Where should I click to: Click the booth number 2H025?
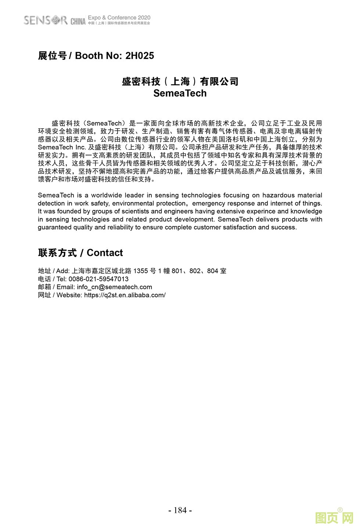pyautogui.click(x=140, y=56)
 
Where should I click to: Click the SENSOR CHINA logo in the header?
pyautogui.click(x=54, y=20)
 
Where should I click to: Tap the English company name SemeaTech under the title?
pyautogui.click(x=180, y=93)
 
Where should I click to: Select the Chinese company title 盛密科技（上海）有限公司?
pyautogui.click(x=180, y=81)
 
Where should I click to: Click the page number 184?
pyautogui.click(x=180, y=510)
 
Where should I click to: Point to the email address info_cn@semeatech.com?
pyautogui.click(x=114, y=287)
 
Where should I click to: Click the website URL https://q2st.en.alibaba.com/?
pyautogui.click(x=125, y=295)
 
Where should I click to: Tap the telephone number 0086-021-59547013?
pyautogui.click(x=98, y=279)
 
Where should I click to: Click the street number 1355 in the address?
pyautogui.click(x=141, y=271)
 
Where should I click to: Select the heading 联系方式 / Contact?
pyautogui.click(x=80, y=253)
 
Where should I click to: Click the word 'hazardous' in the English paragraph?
pyautogui.click(x=279, y=196)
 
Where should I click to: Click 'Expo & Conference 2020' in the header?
pyautogui.click(x=119, y=18)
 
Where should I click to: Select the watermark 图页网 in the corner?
pyautogui.click(x=334, y=518)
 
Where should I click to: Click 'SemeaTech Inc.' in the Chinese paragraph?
pyautogui.click(x=62, y=147)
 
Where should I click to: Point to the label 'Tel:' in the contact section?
pyautogui.click(x=61, y=279)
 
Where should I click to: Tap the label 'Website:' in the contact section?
pyautogui.click(x=69, y=295)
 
